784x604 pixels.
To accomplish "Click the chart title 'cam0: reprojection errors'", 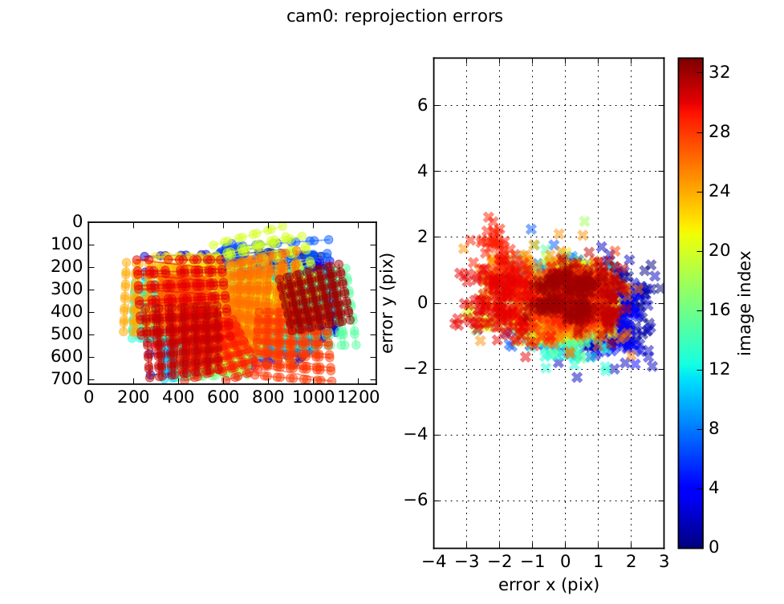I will pos(394,16).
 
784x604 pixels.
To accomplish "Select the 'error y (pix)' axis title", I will pos(388,303).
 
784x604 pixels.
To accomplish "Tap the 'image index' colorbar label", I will pos(746,303).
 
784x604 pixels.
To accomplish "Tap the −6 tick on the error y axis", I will pos(414,501).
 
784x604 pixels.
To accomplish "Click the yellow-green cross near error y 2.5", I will pos(584,221).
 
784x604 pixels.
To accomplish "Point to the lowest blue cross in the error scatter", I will pos(577,377).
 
